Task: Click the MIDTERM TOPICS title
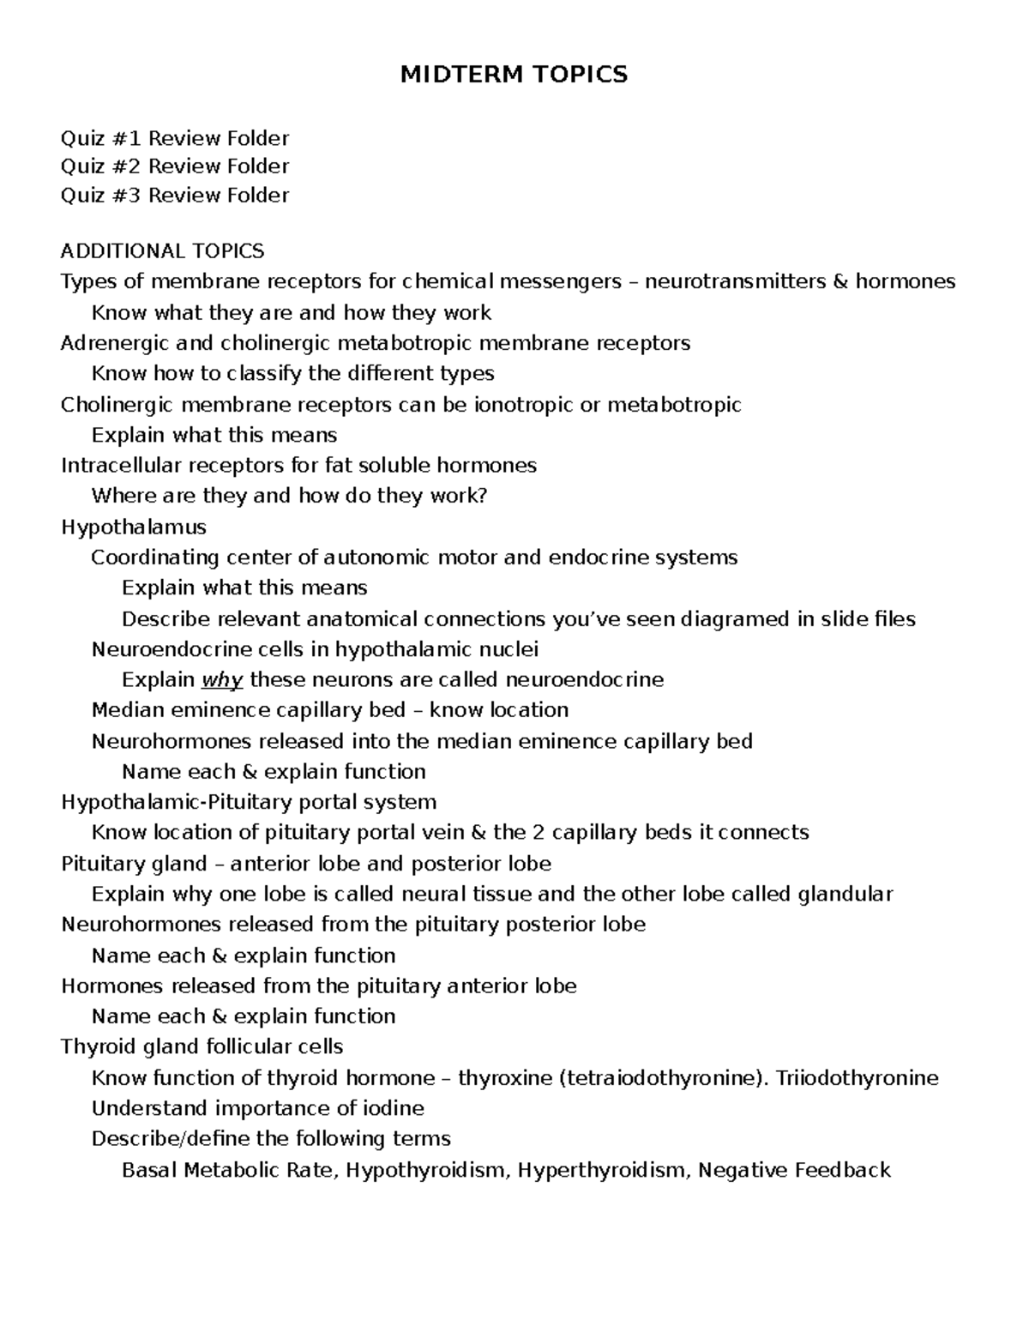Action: tap(514, 75)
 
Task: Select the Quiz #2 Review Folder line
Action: tap(175, 166)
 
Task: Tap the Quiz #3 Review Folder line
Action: tap(175, 196)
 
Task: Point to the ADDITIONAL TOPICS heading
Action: tap(162, 251)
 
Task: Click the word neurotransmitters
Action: tap(735, 281)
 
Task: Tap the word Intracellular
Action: tap(121, 466)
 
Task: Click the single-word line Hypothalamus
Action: tap(133, 527)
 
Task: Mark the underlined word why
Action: tap(222, 680)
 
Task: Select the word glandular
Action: tap(845, 895)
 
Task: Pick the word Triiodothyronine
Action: tap(857, 1078)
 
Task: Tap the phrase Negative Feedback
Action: tap(794, 1170)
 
